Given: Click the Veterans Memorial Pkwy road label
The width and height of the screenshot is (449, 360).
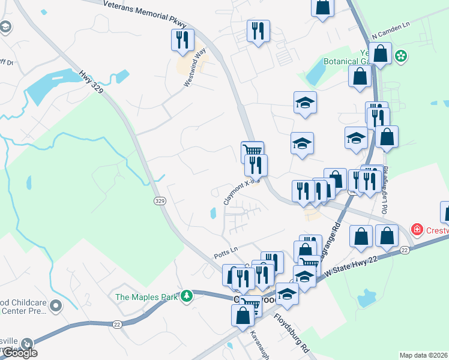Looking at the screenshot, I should [145, 12].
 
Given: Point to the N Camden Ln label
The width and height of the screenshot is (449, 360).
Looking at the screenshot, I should [390, 35].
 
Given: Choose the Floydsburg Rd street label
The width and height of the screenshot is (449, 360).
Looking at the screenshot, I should [291, 332].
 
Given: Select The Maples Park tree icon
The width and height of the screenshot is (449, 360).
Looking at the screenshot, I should [188, 295].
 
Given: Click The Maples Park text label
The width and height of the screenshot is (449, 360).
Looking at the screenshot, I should [148, 296].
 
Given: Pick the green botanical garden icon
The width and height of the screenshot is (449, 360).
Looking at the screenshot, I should [400, 56].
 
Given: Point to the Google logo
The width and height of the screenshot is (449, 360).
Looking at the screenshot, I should [20, 353].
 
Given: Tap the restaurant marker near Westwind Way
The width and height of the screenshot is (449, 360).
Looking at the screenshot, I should [182, 40].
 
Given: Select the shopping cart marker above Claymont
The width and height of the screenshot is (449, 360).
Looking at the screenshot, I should [252, 151].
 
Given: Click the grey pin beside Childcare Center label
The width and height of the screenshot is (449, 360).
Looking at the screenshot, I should [56, 307].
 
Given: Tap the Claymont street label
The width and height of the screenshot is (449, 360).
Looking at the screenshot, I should [237, 192].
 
